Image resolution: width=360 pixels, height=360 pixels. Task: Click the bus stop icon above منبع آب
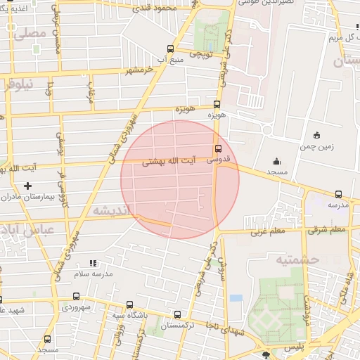(x=170, y=49)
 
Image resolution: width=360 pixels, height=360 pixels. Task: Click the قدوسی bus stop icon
(x=218, y=148)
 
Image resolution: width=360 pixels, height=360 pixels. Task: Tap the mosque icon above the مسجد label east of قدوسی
(x=276, y=161)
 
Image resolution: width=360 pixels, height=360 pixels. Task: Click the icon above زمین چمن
(x=316, y=135)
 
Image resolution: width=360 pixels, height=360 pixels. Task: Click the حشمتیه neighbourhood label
(x=300, y=260)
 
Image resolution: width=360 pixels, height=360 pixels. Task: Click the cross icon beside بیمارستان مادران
(x=27, y=186)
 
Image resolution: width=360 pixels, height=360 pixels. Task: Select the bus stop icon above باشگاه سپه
(x=129, y=304)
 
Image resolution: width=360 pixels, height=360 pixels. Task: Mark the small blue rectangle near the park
(x=236, y=298)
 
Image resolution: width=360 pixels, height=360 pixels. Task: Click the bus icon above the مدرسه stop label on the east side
(x=338, y=194)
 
